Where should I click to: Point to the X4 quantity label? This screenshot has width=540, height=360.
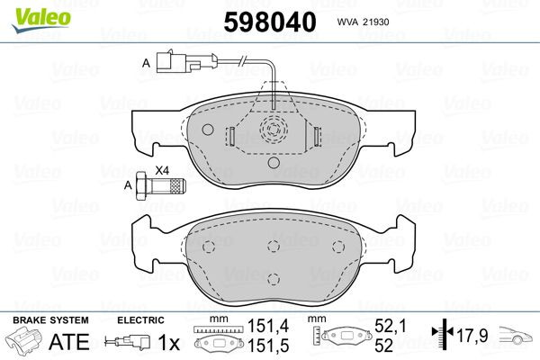[162, 170]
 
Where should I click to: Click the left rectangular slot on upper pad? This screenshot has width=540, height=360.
[229, 136]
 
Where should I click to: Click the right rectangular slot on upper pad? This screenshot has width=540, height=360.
[316, 136]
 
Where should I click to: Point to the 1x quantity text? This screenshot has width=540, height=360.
[168, 342]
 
